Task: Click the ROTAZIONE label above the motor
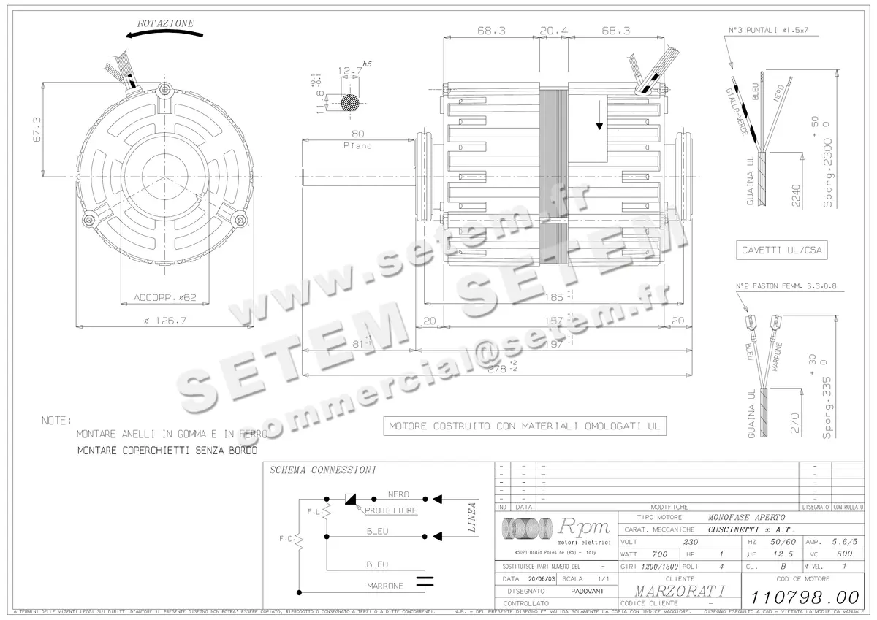coord(166,23)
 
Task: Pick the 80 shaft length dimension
coord(358,134)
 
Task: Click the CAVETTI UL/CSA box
coord(782,250)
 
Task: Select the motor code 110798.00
coord(801,595)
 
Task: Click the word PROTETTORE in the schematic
coord(391,510)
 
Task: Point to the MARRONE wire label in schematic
coord(384,586)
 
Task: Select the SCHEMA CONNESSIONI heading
coord(322,470)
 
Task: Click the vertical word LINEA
coord(472,517)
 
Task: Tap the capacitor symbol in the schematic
coord(424,581)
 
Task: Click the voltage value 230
coord(689,543)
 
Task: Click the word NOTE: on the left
coord(56,421)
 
